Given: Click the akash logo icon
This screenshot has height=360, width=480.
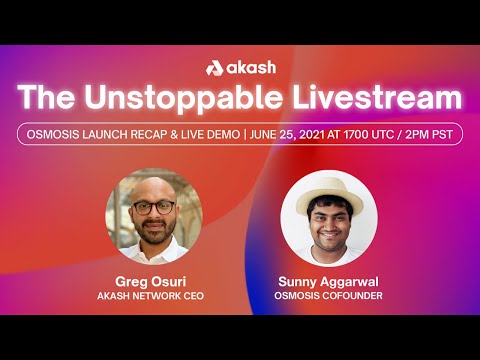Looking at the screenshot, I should (215, 68).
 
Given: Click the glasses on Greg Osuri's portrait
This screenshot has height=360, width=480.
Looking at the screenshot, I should (154, 207).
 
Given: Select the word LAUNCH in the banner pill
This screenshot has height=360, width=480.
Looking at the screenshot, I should (103, 135).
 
